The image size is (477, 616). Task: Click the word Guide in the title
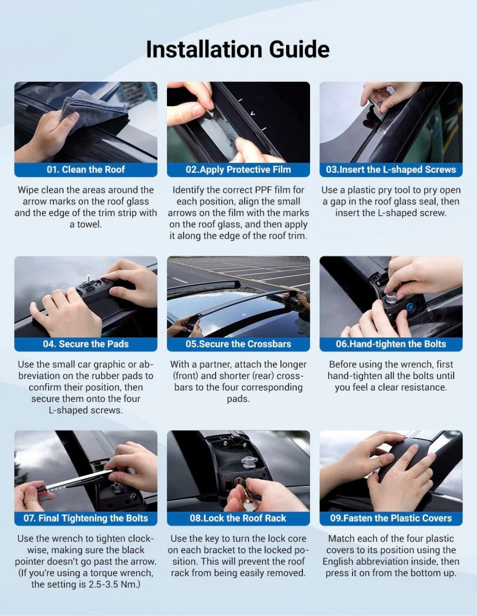299,50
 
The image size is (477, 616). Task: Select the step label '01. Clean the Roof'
86,169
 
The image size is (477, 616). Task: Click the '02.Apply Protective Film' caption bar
238,169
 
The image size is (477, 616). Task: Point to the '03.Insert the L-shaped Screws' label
391,169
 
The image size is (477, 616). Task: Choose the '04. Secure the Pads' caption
86,344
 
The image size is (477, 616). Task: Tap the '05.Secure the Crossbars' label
238,344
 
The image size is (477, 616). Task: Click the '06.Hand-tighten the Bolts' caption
391,344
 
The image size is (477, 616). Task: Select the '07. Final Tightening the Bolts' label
86,518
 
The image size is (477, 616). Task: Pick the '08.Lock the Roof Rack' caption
238,518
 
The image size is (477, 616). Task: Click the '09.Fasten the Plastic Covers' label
391,518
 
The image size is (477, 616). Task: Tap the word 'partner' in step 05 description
213,364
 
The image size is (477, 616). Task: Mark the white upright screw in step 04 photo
89,279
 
